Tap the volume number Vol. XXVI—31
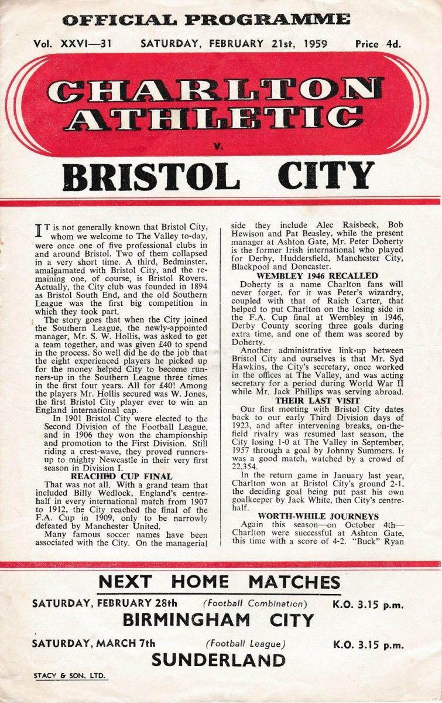[66, 44]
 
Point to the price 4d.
[378, 44]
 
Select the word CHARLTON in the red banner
[215, 89]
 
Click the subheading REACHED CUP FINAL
[122, 477]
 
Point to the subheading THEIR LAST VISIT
[317, 401]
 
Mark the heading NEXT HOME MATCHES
[219, 582]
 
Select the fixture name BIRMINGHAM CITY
[219, 619]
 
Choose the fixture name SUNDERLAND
[219, 660]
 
